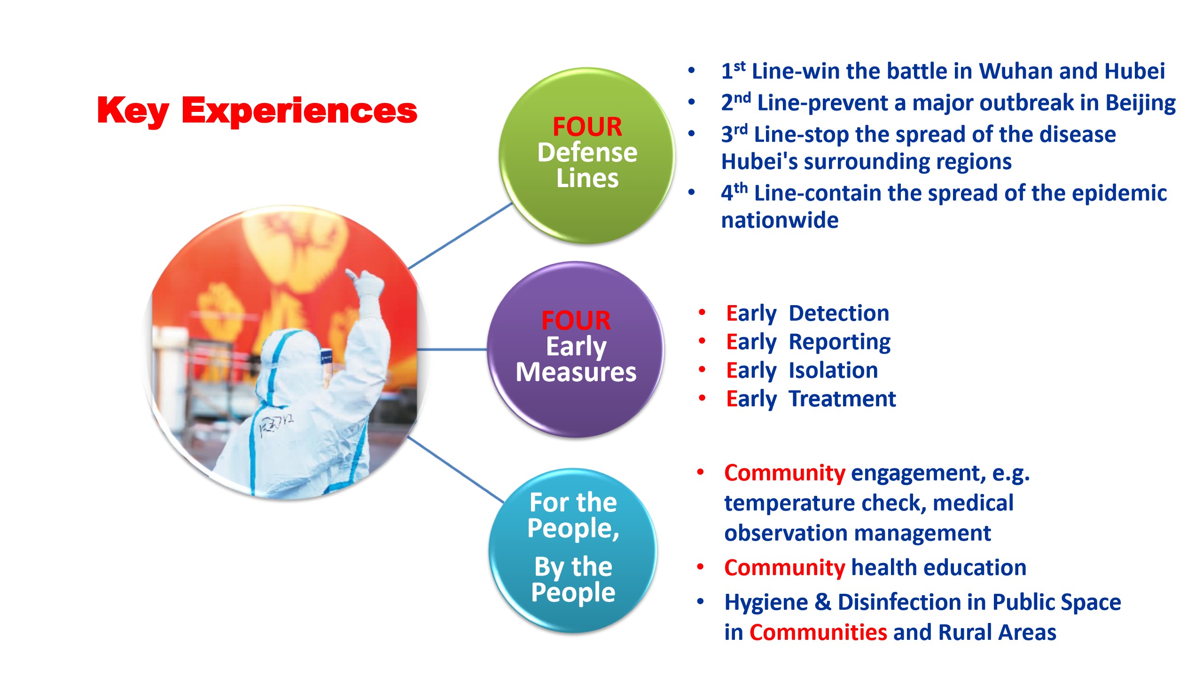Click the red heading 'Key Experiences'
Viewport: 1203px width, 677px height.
pyautogui.click(x=257, y=110)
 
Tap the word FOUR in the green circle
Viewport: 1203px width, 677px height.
pyautogui.click(x=587, y=126)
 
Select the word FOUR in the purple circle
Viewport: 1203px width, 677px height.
pyautogui.click(x=576, y=320)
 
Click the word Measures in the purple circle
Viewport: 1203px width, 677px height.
pyautogui.click(x=576, y=372)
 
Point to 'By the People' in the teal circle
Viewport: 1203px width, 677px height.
pyautogui.click(x=573, y=579)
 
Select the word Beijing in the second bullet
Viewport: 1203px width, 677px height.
pyautogui.click(x=1140, y=103)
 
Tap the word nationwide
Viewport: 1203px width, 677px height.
pyautogui.click(x=780, y=220)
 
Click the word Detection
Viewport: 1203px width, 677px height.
pyautogui.click(x=839, y=313)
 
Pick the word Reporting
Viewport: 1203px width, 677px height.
pyautogui.click(x=840, y=342)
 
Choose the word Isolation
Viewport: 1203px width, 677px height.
pyautogui.click(x=833, y=370)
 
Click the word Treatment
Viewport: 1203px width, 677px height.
pyautogui.click(x=842, y=399)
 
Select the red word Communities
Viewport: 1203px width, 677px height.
pyautogui.click(x=818, y=632)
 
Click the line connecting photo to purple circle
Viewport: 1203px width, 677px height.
pyautogui.click(x=452, y=349)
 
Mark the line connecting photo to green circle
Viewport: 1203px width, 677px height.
pyautogui.click(x=460, y=236)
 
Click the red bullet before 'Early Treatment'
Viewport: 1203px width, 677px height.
pyautogui.click(x=702, y=398)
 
